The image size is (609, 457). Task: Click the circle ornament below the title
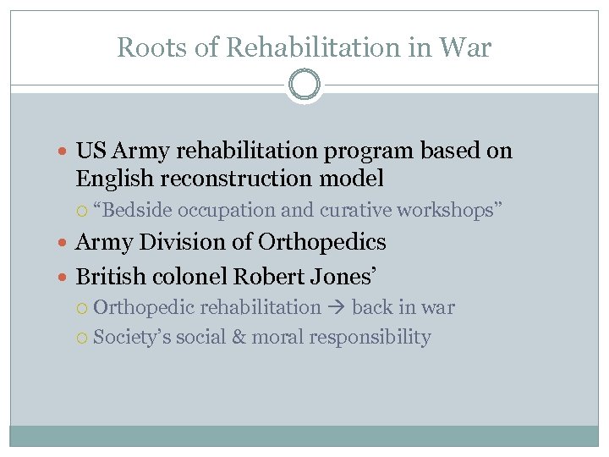coord(304,85)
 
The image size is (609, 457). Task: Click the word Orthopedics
coord(322,243)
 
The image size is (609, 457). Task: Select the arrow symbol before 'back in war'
coord(336,308)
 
